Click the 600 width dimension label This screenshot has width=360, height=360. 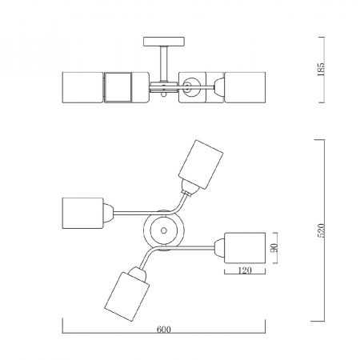pyautogui.click(x=163, y=330)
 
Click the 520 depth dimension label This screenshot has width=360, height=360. pyautogui.click(x=321, y=230)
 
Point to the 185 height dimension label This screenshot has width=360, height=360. pyautogui.click(x=321, y=70)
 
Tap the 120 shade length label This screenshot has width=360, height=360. pyautogui.click(x=245, y=270)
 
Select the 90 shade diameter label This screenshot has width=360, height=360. pyautogui.click(x=275, y=248)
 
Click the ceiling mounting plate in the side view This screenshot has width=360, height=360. pyautogui.click(x=164, y=42)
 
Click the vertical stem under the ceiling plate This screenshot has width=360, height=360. pyautogui.click(x=164, y=63)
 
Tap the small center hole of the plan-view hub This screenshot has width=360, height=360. pyautogui.click(x=164, y=230)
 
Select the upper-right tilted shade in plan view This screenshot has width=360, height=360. pyautogui.click(x=201, y=164)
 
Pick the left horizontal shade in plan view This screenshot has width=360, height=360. pyautogui.click(x=82, y=213)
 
